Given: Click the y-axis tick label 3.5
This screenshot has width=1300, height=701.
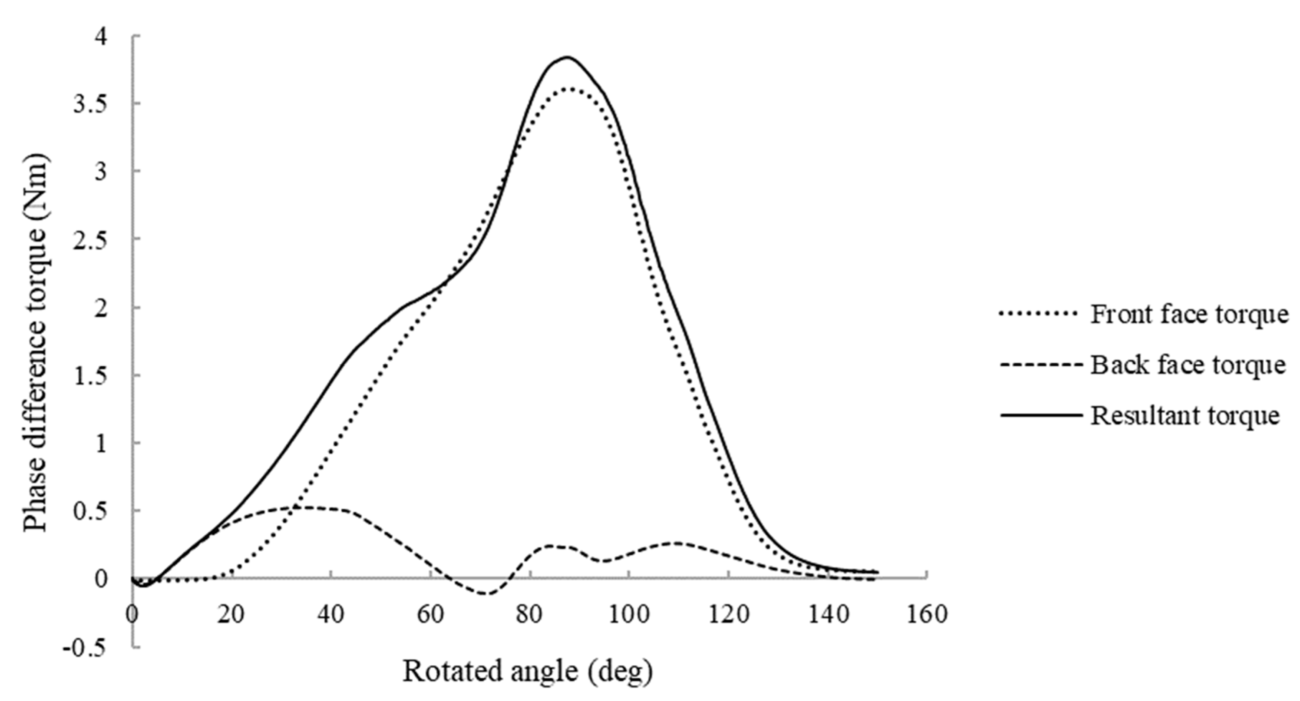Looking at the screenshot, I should tap(91, 104).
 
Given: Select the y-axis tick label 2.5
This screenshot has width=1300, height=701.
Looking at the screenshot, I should tap(91, 239).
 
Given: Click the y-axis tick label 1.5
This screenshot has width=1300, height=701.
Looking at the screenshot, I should tap(91, 375).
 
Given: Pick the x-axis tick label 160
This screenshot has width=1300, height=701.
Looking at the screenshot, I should tap(927, 615).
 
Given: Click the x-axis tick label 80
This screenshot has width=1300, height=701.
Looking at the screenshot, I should tap(530, 615).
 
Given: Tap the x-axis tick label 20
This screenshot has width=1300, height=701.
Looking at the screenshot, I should tap(231, 615).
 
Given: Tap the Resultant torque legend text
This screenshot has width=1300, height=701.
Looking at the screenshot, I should tap(1185, 416).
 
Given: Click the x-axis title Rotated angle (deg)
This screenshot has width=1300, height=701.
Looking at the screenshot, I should tap(528, 672).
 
